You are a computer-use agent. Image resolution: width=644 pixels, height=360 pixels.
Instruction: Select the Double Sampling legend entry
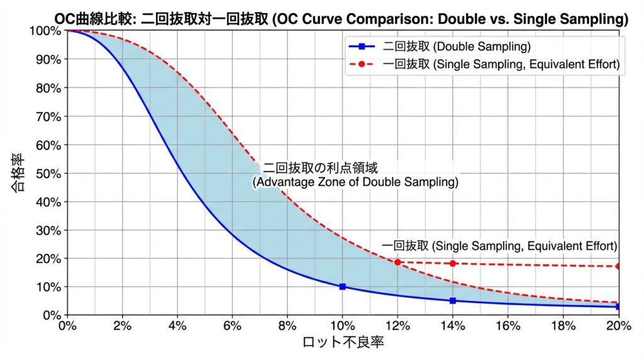[x=458, y=47]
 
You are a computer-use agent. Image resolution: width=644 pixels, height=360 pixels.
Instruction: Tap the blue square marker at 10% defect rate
[x=343, y=286]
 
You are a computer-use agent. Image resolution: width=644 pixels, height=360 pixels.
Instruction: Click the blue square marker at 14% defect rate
[x=453, y=301]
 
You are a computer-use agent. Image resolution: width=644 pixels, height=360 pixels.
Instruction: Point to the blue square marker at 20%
[x=618, y=307]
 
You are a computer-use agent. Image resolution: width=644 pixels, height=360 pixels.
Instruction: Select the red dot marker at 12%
[x=397, y=262]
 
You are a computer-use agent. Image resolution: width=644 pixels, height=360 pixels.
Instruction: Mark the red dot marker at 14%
[x=453, y=263]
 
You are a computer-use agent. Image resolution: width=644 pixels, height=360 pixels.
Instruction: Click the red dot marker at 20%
[x=618, y=266]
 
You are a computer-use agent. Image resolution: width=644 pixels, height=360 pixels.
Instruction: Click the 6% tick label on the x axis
[x=233, y=326]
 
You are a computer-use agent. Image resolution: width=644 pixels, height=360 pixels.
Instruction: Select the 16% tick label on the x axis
[x=508, y=326]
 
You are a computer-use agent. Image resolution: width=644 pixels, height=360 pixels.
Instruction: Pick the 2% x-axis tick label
[x=123, y=326]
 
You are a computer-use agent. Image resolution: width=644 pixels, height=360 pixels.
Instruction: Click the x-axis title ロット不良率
[x=343, y=343]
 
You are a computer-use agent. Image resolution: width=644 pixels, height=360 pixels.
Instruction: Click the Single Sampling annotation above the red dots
[x=499, y=245]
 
